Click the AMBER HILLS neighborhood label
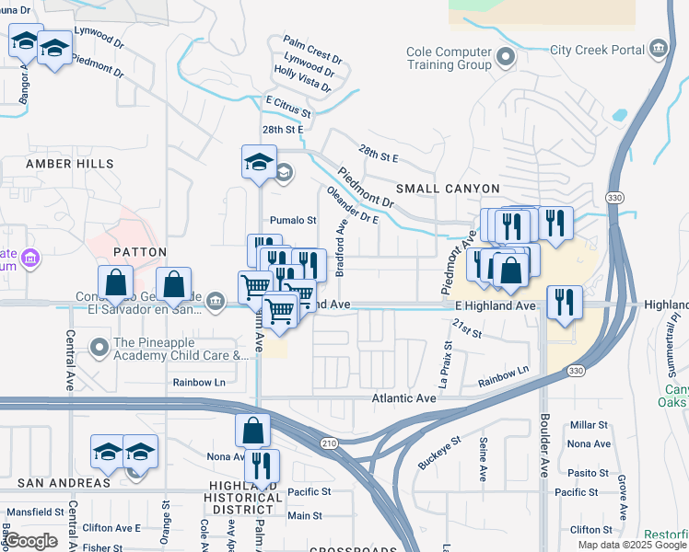[x=70, y=164]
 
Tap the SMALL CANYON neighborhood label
[x=448, y=189]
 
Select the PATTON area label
[x=139, y=251]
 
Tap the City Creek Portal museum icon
[x=658, y=49]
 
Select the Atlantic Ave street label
[x=403, y=398]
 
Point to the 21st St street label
[x=467, y=328]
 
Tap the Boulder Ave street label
[x=543, y=455]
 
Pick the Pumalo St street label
[x=293, y=221]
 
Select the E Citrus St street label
[x=288, y=107]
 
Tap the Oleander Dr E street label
[x=352, y=206]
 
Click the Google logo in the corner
[x=31, y=541]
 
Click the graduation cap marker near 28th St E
[x=259, y=163]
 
